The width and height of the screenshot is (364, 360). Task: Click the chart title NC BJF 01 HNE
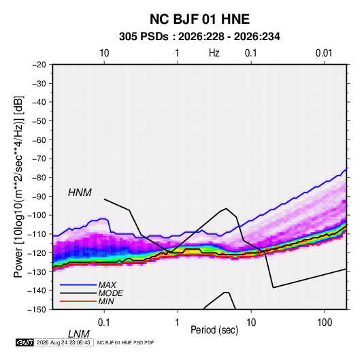(x=199, y=19)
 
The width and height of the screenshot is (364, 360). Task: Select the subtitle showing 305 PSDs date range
(x=199, y=37)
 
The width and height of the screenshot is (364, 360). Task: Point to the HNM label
(x=80, y=193)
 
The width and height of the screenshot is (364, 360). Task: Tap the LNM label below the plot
(x=79, y=334)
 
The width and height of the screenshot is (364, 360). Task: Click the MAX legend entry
(x=107, y=284)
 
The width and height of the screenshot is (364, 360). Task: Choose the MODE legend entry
(x=110, y=293)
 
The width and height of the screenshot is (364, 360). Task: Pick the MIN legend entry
(x=106, y=301)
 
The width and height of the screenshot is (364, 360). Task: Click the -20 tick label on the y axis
(x=39, y=65)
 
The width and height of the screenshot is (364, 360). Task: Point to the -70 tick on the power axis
(x=39, y=159)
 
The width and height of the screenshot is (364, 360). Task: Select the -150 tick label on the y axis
(x=37, y=310)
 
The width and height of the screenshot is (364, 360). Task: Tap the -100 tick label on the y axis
(x=37, y=215)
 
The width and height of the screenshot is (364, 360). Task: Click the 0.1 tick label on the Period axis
(x=104, y=323)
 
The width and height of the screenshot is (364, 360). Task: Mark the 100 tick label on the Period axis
(x=325, y=323)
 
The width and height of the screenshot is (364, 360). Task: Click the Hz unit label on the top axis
(x=214, y=53)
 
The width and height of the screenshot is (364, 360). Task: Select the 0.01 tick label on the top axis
(x=324, y=53)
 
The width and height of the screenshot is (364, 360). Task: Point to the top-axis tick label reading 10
(x=104, y=53)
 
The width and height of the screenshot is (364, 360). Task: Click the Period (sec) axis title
(x=214, y=330)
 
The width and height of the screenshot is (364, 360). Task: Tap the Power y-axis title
(x=18, y=187)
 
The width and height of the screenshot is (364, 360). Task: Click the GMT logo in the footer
(x=24, y=342)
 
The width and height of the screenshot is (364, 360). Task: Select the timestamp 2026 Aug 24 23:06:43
(x=63, y=342)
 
